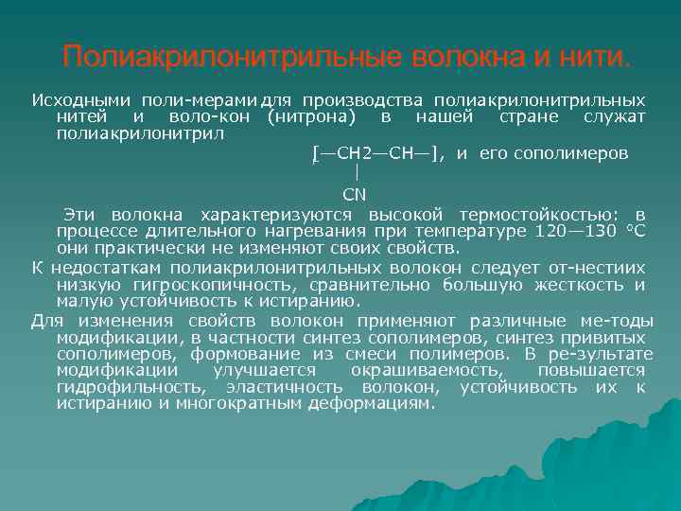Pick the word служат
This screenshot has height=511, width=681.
pyautogui.click(x=615, y=117)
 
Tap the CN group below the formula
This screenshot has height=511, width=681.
pyautogui.click(x=354, y=195)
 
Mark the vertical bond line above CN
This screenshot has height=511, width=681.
pyautogui.click(x=356, y=173)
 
